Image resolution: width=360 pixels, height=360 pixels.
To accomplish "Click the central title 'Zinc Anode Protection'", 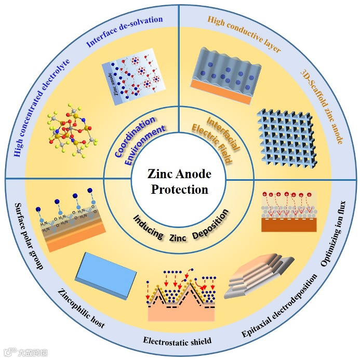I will click(179, 181).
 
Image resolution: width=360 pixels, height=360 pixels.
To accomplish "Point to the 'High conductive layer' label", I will click(244, 34).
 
